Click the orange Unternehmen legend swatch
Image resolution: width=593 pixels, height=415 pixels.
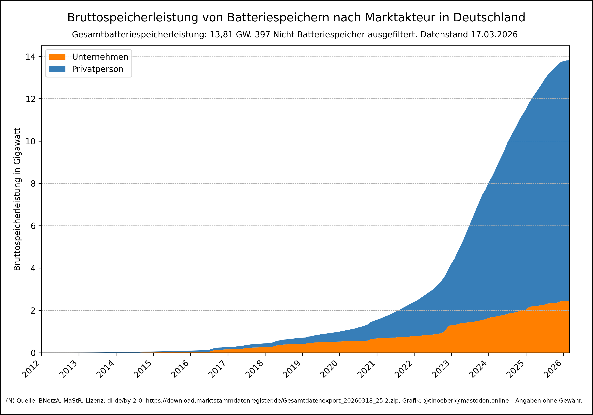coord(57,57)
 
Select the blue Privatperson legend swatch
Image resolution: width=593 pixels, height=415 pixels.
coord(57,69)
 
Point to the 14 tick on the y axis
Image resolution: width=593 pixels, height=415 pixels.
coord(30,57)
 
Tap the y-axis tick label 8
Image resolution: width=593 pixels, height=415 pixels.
coord(33,184)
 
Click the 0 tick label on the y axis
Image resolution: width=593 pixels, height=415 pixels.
coord(33,353)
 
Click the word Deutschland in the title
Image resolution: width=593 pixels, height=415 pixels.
coord(489,18)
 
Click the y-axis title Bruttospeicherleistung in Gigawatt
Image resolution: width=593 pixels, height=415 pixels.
coord(17,199)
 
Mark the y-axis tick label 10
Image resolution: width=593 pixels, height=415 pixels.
coord(30,141)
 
